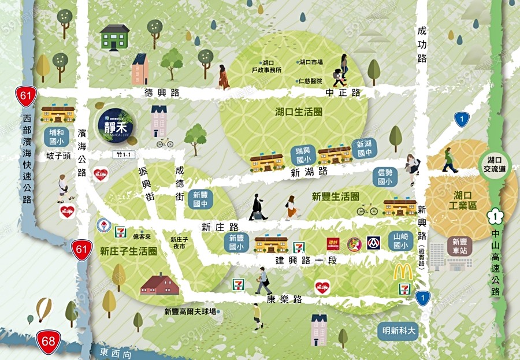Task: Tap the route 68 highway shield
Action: click(49, 342)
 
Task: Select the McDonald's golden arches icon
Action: click(403, 272)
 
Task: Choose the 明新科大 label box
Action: click(398, 332)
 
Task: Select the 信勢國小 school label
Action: click(385, 176)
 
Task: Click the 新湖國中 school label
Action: click(365, 149)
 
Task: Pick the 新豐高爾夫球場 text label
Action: click(190, 311)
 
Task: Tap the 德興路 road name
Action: click(162, 92)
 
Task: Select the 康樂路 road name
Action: click(284, 299)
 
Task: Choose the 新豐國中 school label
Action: click(203, 199)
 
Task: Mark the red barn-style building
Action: click(159, 284)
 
